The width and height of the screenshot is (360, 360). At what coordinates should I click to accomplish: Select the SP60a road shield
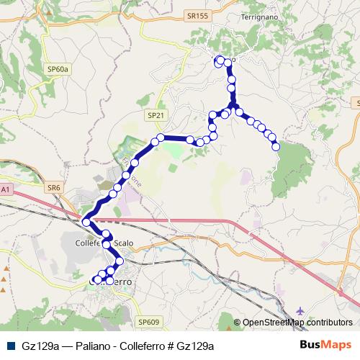tap(58, 69)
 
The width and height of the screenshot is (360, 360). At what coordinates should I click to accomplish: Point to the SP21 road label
tap(155, 114)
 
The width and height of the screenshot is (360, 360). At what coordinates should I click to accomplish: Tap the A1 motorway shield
tap(5, 189)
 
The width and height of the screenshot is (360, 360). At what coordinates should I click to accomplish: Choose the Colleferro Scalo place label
tap(105, 243)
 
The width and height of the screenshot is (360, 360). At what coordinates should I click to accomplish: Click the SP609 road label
tap(148, 322)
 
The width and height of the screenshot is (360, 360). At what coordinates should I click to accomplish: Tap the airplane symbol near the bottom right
tap(300, 310)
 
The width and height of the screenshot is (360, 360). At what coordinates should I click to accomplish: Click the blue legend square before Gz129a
tap(9, 346)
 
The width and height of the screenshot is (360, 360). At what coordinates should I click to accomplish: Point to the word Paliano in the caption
tap(96, 346)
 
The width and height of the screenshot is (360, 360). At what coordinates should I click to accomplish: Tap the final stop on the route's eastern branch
tap(276, 147)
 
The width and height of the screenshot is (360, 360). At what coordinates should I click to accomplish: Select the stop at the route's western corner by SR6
tap(86, 222)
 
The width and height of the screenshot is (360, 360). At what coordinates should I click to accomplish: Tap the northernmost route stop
tap(221, 60)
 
